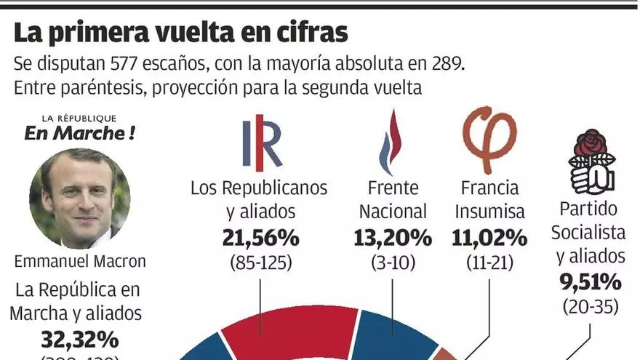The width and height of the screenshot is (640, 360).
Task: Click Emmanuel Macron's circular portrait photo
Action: tap(80, 198)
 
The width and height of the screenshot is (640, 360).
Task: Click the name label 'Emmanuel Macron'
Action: tap(79, 260)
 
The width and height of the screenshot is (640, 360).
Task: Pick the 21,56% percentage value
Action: tap(260, 238)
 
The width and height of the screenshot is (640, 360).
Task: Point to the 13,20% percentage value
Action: tap(392, 238)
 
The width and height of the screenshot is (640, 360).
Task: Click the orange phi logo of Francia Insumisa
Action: tap(489, 140)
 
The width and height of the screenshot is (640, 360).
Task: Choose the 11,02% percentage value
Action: tap(489, 238)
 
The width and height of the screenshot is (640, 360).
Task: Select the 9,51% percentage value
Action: tap(590, 281)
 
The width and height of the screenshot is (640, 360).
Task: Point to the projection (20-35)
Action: tap(590, 305)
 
